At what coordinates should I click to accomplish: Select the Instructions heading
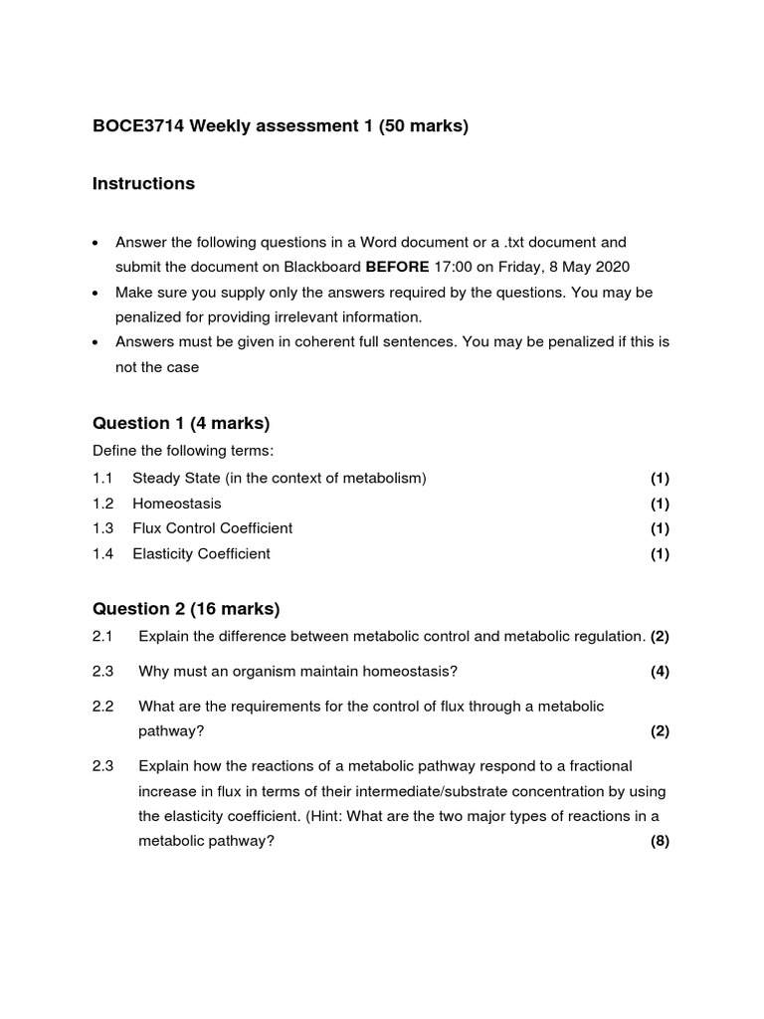click(x=143, y=184)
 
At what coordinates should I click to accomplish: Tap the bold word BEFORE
click(x=398, y=267)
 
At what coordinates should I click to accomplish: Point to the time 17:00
click(x=454, y=267)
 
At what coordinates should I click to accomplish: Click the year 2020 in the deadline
click(x=611, y=267)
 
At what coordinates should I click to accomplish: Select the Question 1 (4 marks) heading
click(x=181, y=424)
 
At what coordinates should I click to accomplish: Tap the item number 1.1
click(x=103, y=479)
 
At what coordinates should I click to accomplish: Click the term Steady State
click(x=176, y=479)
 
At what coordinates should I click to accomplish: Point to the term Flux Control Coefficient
click(x=212, y=528)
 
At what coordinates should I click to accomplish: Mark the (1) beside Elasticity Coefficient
click(x=660, y=554)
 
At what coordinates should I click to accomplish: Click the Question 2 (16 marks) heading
click(x=186, y=609)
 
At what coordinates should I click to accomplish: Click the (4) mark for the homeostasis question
click(x=660, y=672)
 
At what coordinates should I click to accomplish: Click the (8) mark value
click(x=660, y=842)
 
